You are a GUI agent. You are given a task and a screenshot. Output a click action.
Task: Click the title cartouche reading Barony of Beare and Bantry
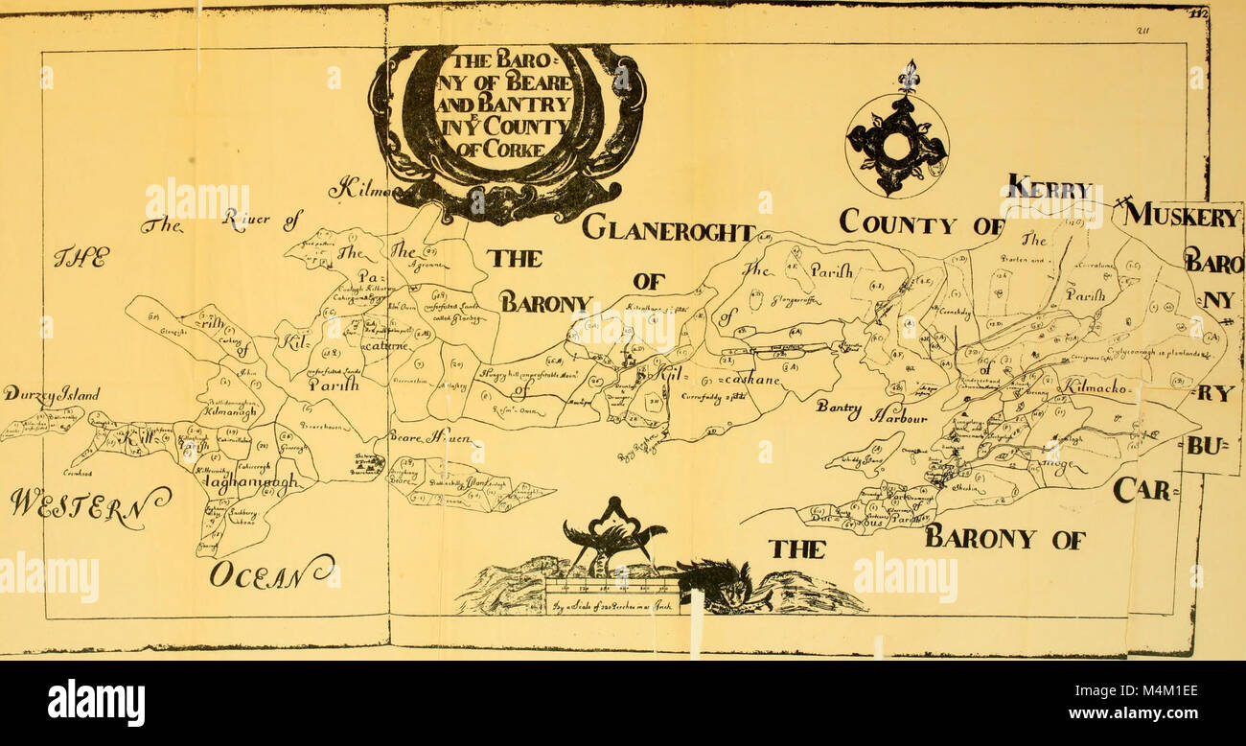[506, 115]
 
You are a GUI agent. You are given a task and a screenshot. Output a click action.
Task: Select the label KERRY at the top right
[1050, 189]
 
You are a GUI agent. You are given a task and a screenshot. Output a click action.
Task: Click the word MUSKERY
[1182, 216]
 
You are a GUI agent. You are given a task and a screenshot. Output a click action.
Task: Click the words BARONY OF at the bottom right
[1004, 539]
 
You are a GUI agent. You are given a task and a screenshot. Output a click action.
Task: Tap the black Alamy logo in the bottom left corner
[96, 703]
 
